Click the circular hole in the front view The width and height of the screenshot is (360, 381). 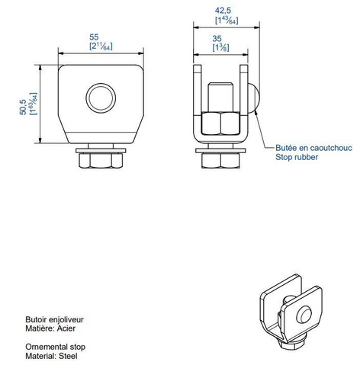coord(99,97)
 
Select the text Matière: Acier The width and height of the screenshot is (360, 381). coord(50,331)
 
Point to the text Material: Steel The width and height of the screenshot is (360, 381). coord(51,354)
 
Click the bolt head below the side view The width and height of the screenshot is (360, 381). coord(218,160)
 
